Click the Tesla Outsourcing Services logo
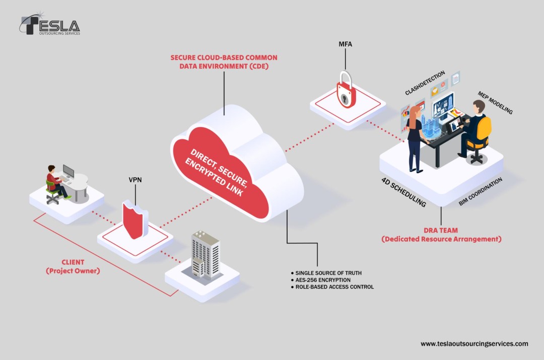pyautogui.click(x=50, y=25)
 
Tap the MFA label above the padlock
pyautogui.click(x=345, y=44)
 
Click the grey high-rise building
pyautogui.click(x=206, y=254)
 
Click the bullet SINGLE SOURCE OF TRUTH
pyautogui.click(x=328, y=273)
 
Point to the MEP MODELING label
pyautogui.click(x=495, y=103)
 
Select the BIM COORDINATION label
pyautogui.click(x=480, y=192)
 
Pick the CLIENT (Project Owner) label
pyautogui.click(x=73, y=266)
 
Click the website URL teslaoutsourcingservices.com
pyautogui.click(x=474, y=344)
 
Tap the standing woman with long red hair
pyautogui.click(x=415, y=138)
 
